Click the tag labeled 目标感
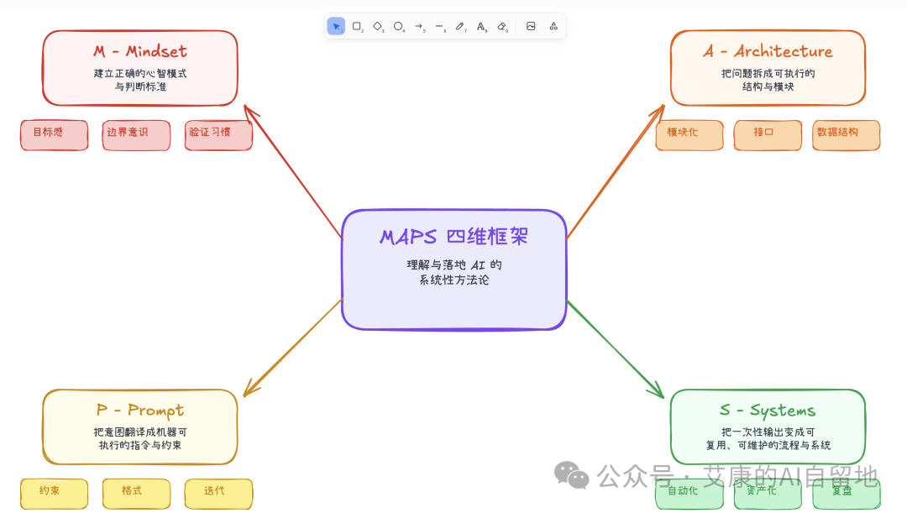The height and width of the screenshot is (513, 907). tap(54, 135)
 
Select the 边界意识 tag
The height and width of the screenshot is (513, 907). tap(136, 135)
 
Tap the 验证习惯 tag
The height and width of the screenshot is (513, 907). tap(218, 135)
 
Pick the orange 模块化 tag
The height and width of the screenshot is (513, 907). tap(689, 135)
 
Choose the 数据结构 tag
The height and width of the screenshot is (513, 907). tap(846, 135)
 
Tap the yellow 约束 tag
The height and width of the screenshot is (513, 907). tap(54, 493)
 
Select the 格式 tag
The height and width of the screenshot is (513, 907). tap(136, 493)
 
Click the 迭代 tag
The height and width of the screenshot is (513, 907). tap(218, 493)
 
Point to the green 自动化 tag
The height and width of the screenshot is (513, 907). tap(689, 495)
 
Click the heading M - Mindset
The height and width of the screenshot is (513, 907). tap(140, 52)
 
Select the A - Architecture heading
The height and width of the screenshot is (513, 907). tap(768, 52)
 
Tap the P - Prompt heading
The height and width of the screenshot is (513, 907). tap(140, 411)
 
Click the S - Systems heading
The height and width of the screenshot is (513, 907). tap(768, 411)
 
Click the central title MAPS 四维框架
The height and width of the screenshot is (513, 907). tap(453, 237)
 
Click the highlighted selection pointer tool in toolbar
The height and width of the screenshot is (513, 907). tap(336, 26)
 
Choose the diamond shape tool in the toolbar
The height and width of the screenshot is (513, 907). tap(378, 26)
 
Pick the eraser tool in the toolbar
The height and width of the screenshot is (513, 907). tap(502, 26)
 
